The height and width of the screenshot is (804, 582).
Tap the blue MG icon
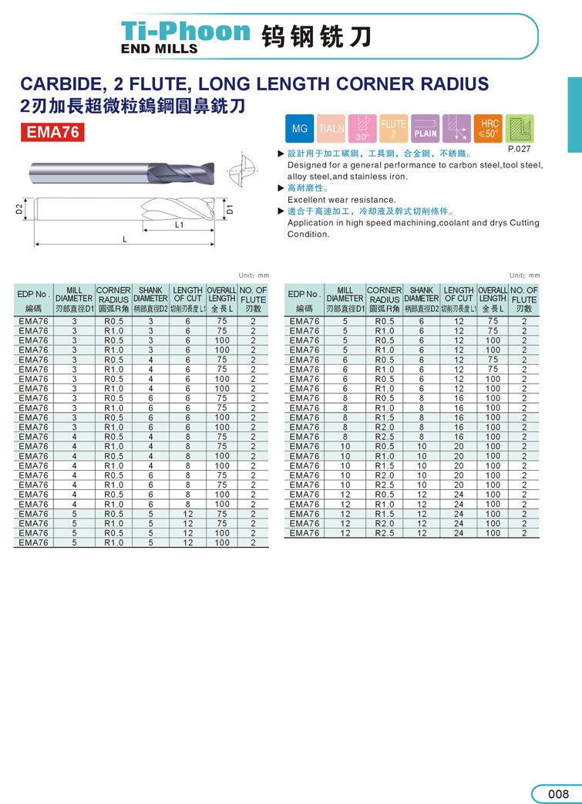click(300, 129)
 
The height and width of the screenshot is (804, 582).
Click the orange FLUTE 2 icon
click(393, 129)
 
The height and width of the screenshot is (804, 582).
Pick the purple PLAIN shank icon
click(425, 129)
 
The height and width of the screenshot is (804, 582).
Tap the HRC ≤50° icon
click(489, 129)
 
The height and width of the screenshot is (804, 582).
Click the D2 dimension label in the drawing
click(19, 208)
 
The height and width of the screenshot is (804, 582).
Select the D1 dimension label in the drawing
click(229, 208)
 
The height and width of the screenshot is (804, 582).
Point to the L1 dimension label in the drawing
click(179, 225)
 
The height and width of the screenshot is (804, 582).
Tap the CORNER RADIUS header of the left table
click(113, 296)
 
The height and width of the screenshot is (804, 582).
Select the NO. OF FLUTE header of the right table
click(524, 296)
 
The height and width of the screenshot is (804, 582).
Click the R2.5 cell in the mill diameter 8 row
click(384, 437)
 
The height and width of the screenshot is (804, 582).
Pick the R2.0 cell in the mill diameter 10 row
click(384, 475)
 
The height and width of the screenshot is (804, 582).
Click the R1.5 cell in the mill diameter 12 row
click(384, 514)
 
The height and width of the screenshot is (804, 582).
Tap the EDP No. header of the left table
click(33, 295)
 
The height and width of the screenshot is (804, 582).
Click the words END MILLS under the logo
click(160, 49)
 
